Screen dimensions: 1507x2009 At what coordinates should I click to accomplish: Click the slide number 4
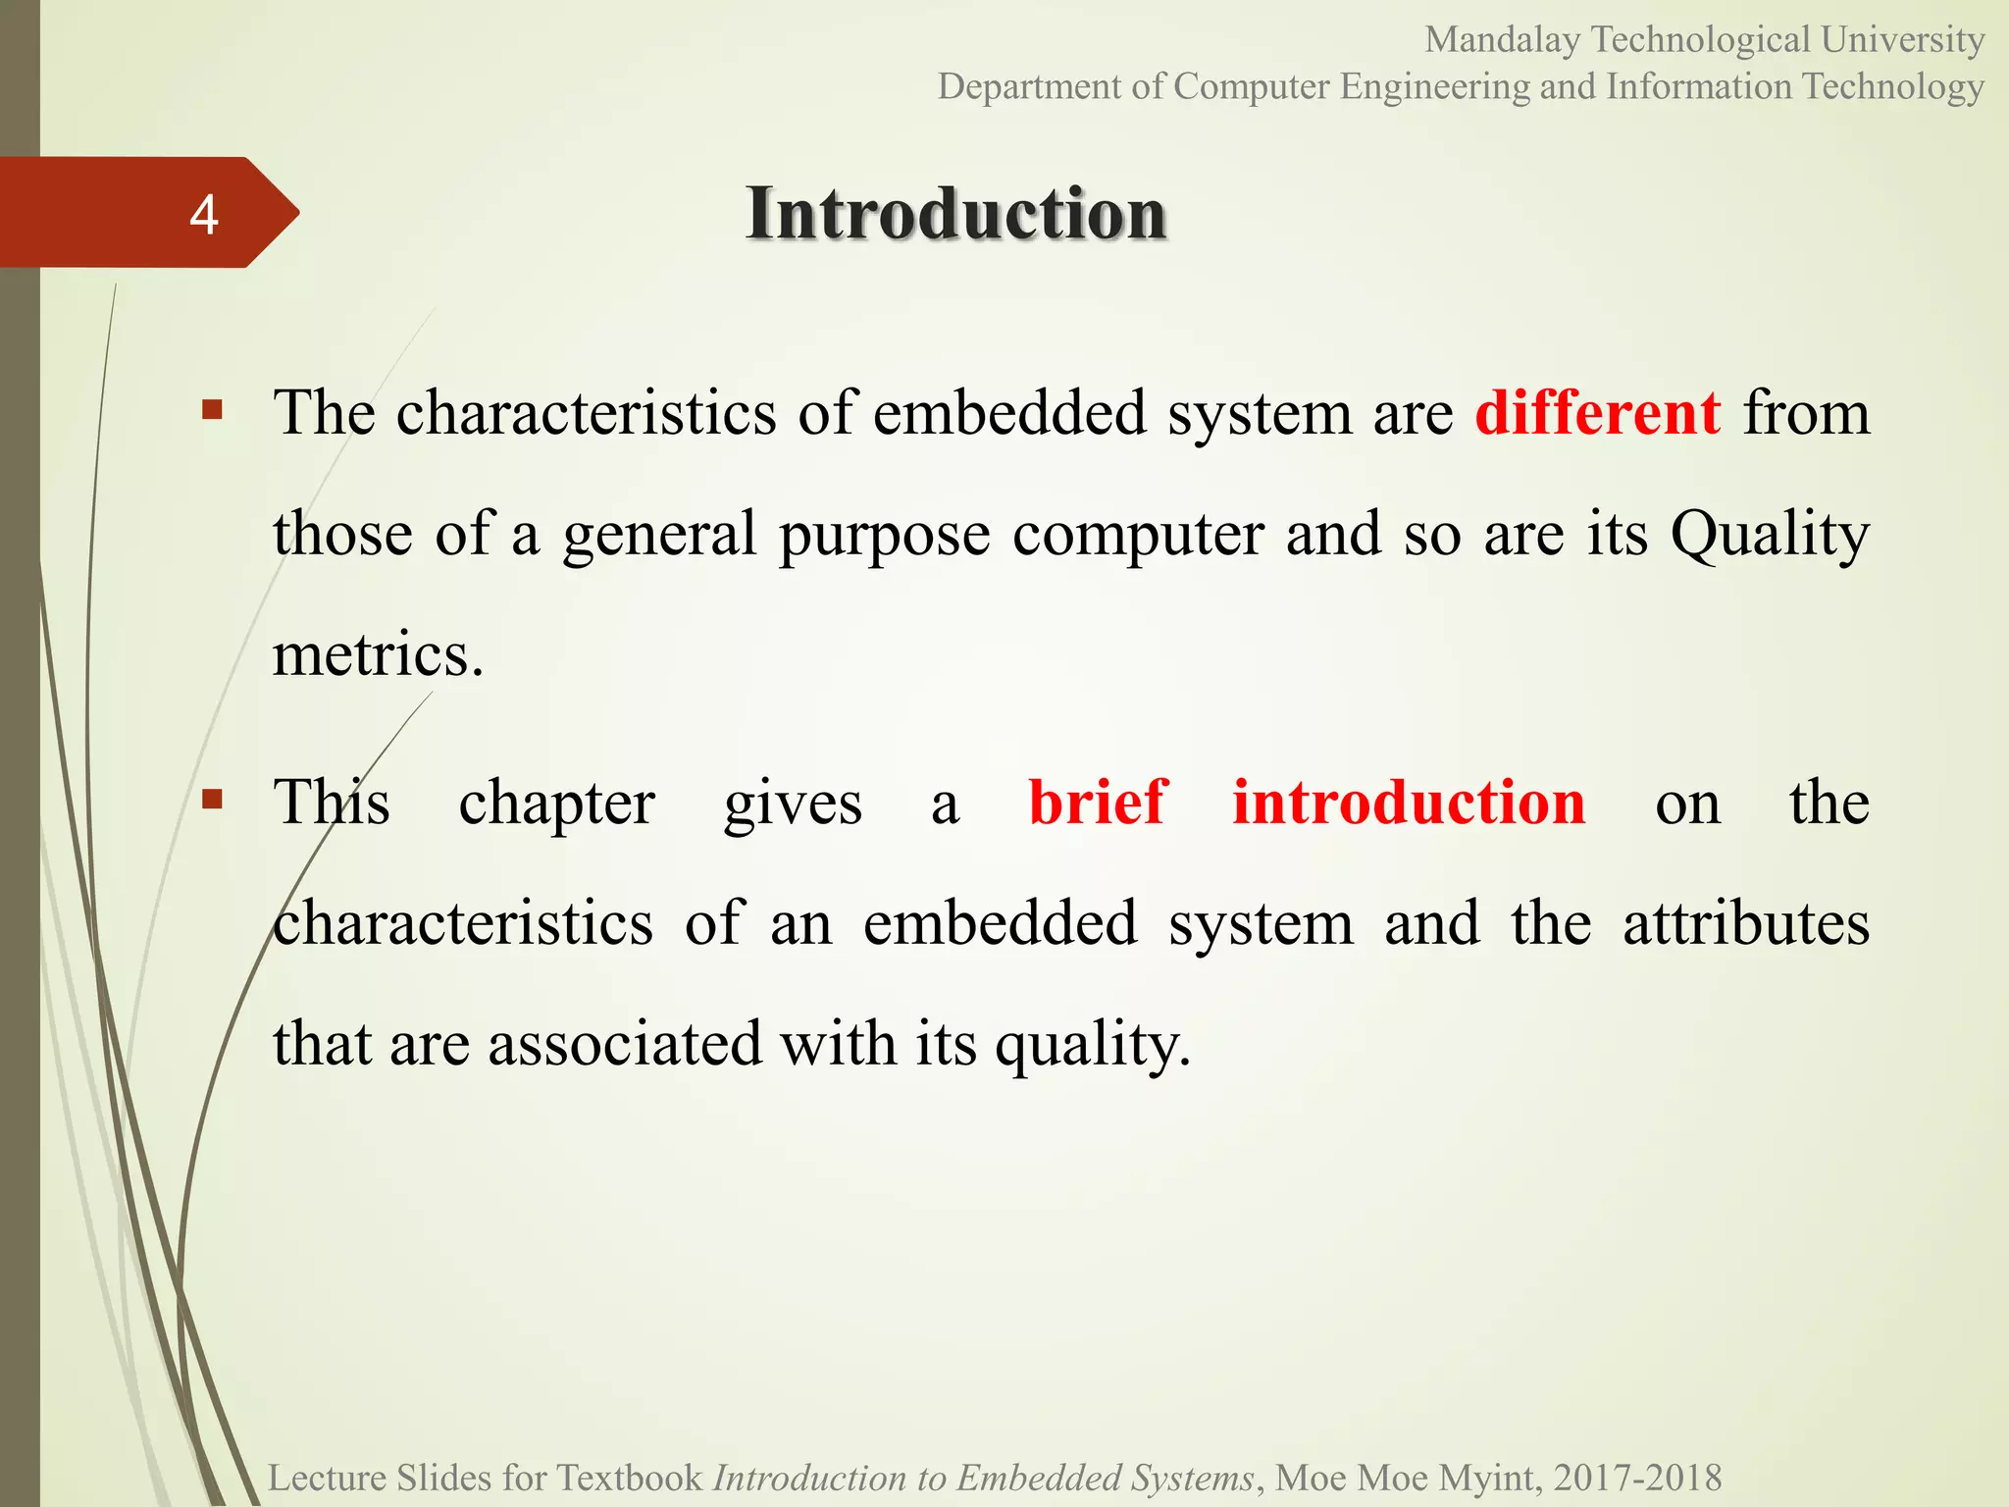203,214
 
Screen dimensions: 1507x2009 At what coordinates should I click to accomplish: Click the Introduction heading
955,213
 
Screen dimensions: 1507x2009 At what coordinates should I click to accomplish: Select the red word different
1597,413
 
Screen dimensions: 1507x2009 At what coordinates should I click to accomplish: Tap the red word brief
1098,803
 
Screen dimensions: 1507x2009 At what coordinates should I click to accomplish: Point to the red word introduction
1409,803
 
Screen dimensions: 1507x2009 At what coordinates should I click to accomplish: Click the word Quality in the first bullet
1770,536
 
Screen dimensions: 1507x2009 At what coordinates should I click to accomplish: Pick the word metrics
378,654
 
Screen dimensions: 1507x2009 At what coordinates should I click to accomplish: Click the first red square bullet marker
212,409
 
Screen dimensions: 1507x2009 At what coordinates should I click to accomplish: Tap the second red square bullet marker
212,799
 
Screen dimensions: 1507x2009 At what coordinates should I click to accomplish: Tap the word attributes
1745,923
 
